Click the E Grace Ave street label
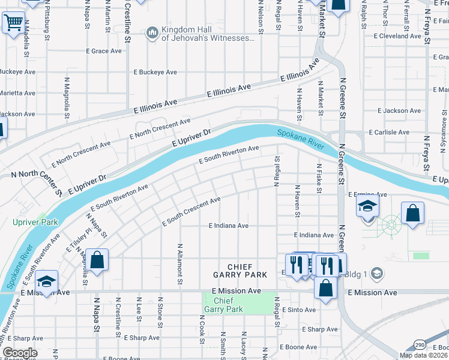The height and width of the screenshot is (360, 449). coord(104,51)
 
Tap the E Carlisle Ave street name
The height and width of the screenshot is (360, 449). coord(388,132)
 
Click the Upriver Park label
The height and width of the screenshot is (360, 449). coord(35,222)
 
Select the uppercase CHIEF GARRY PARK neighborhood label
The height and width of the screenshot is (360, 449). coord(240,271)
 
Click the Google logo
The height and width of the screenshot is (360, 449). coord(19,353)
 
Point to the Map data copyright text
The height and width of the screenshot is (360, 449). coord(423,355)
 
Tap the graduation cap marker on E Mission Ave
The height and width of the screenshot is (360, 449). coord(46,282)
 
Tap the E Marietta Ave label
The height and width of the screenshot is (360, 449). coord(17,93)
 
